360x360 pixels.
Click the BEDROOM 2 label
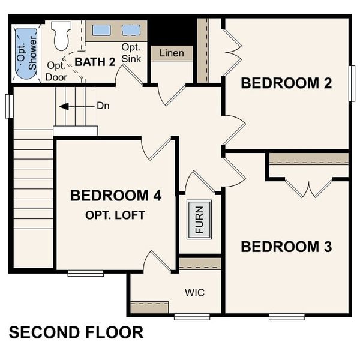[286, 83]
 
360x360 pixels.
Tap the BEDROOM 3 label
[286, 247]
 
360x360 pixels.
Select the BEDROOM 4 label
[116, 196]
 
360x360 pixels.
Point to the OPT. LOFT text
[115, 215]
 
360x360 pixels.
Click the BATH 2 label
[94, 61]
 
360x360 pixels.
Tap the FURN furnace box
[199, 219]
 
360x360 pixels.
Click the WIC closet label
[194, 293]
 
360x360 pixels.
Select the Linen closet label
[172, 53]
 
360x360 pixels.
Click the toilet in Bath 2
[61, 36]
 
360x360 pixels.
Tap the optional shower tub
[25, 53]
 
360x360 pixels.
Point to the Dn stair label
[103, 106]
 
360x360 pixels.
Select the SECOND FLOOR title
[76, 332]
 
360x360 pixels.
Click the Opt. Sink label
[131, 53]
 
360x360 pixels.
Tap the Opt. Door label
[56, 71]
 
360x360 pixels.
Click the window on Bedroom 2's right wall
[352, 82]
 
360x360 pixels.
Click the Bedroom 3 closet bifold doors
[308, 187]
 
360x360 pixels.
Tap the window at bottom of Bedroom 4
[85, 274]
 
